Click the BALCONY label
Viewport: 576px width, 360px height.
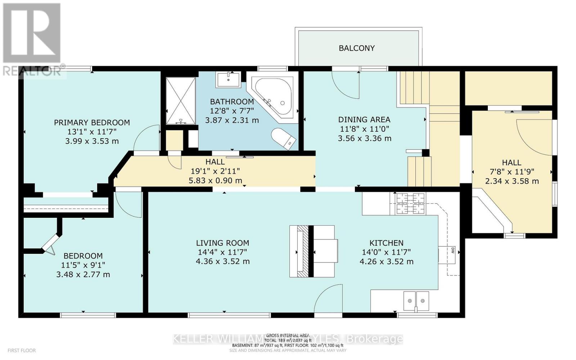(356, 48)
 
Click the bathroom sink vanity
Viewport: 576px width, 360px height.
(229, 79)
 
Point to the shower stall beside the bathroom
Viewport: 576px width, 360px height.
(181, 101)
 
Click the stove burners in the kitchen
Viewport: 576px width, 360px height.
(410, 203)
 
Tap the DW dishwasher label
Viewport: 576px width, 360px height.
(452, 250)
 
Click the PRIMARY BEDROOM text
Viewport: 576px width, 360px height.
(92, 123)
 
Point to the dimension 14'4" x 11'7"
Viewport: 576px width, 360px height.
(222, 252)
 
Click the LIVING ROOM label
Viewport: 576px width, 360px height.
(222, 243)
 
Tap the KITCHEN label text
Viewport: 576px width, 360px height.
(386, 243)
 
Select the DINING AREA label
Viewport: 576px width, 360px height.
(364, 120)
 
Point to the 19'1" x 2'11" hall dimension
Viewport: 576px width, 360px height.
(215, 171)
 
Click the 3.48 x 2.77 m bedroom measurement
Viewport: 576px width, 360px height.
(83, 274)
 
